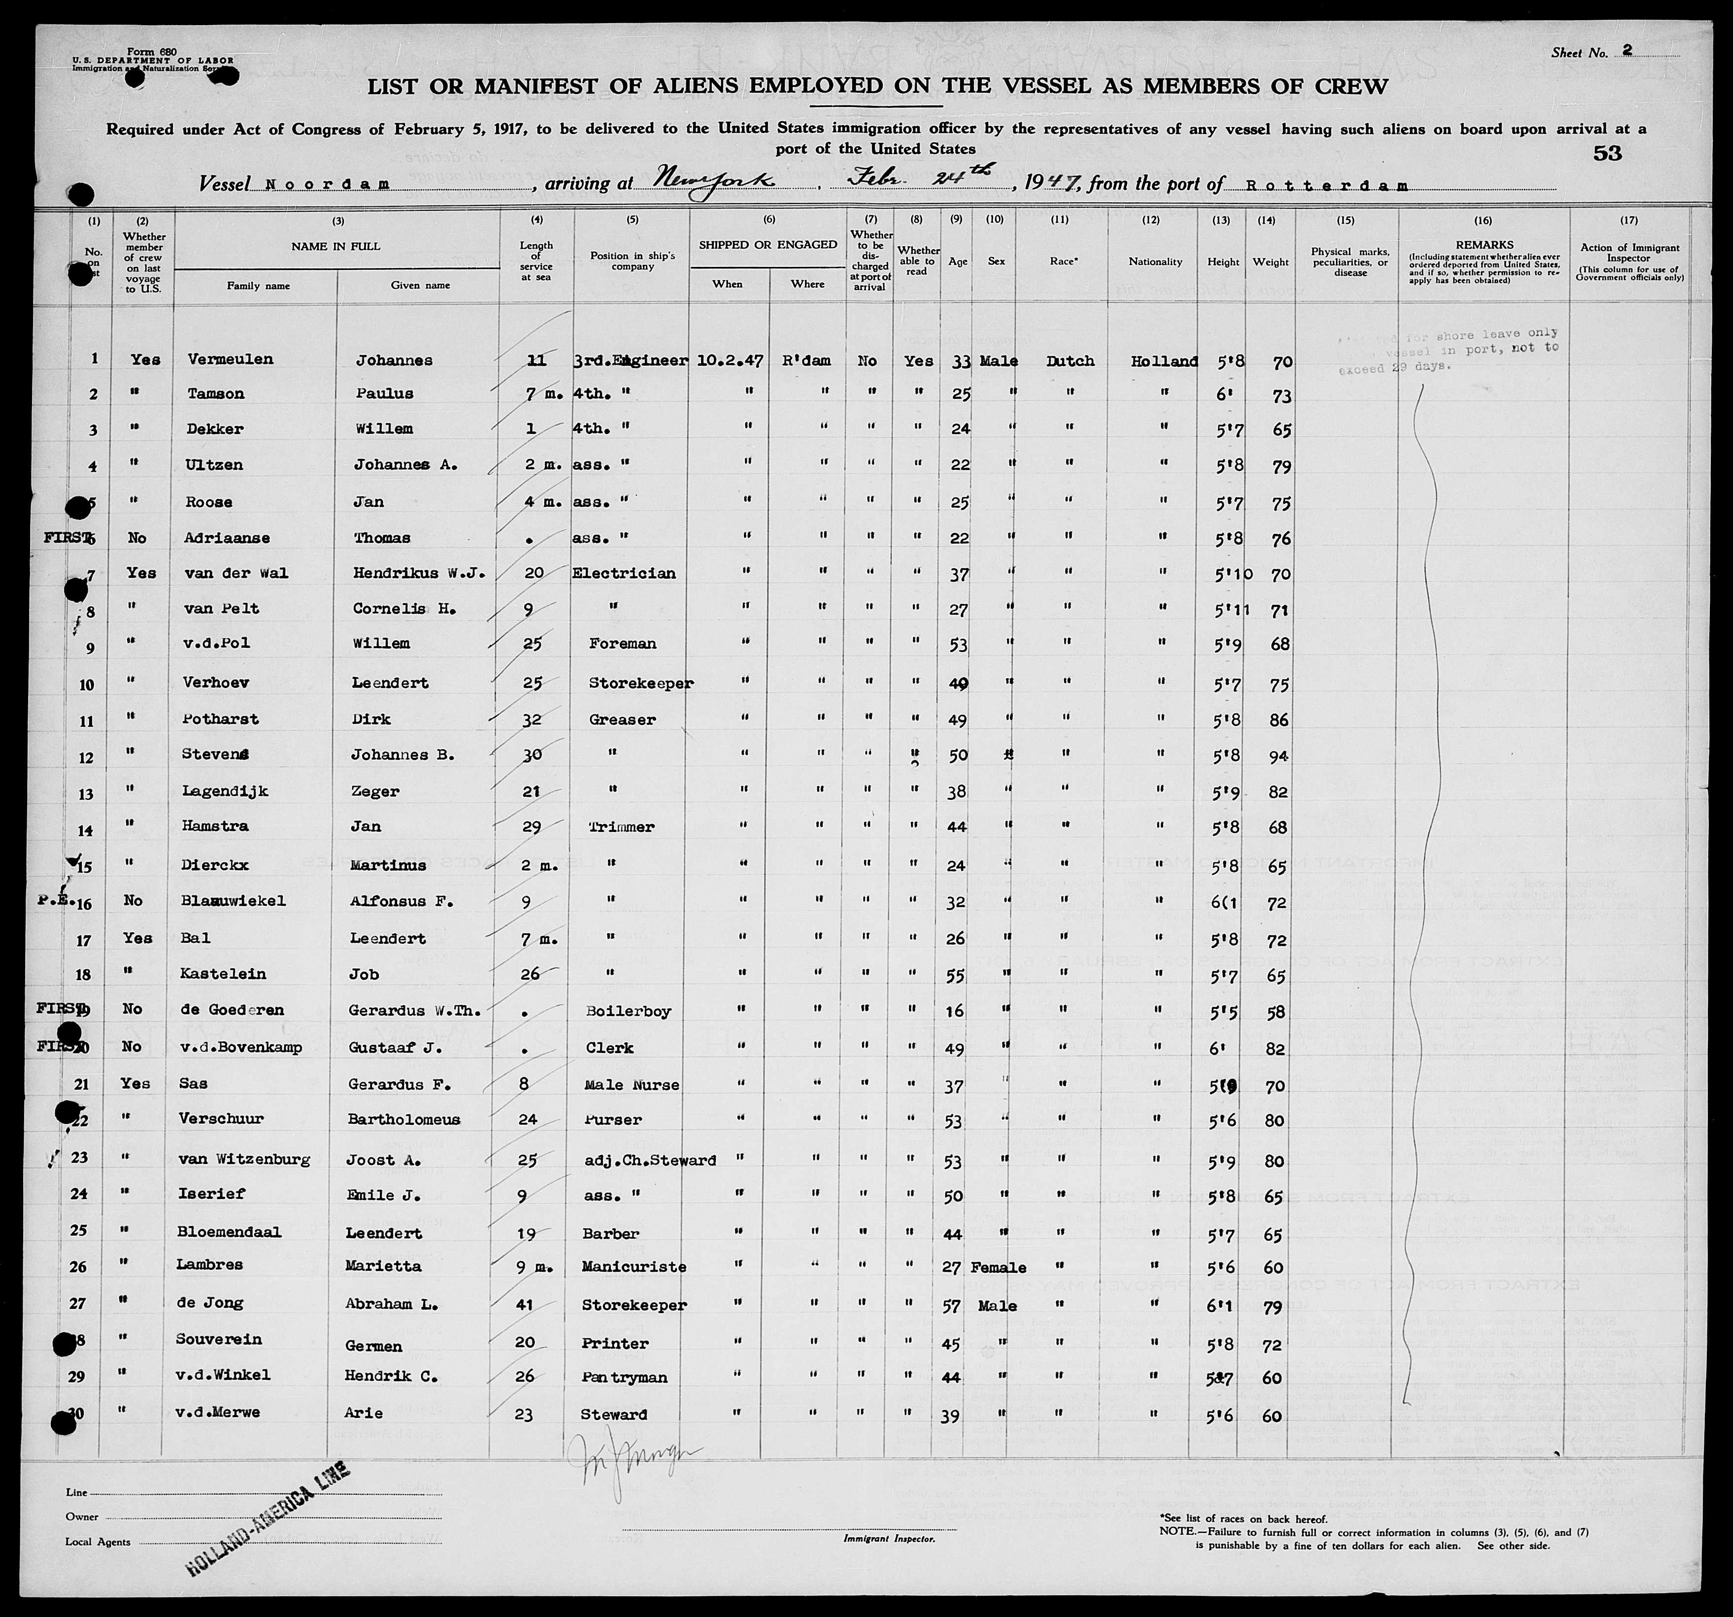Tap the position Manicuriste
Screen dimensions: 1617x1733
634,1267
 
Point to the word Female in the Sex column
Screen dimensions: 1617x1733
999,1267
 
